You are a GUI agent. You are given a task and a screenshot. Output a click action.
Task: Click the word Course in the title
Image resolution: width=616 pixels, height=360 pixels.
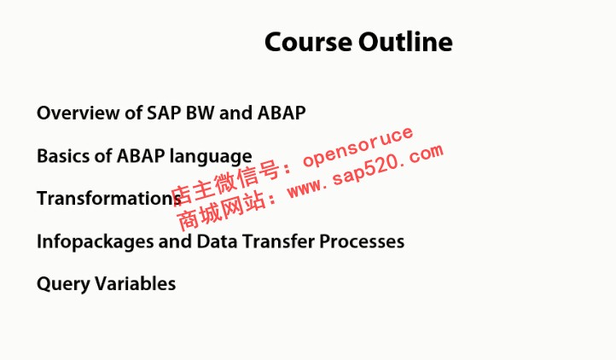coord(308,42)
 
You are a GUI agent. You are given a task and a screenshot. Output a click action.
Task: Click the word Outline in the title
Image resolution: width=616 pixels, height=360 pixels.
coord(405,41)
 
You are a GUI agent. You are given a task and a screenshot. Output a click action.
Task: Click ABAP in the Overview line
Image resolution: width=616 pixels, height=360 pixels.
coord(282,113)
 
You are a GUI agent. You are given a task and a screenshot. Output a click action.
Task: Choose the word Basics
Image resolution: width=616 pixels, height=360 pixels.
coord(63,156)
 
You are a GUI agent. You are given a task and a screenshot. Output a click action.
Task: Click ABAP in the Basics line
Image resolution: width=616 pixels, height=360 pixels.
coord(141,156)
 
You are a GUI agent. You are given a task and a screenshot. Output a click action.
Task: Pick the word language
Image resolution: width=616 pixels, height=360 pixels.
coord(211,157)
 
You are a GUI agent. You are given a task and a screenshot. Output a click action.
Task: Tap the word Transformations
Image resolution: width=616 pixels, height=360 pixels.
coord(109,199)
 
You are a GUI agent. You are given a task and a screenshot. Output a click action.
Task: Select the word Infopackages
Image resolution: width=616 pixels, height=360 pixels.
coord(95,242)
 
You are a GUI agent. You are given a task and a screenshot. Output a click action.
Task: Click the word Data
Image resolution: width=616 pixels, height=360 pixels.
coord(217,241)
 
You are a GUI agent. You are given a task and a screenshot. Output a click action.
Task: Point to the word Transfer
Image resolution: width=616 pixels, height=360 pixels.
coord(278,241)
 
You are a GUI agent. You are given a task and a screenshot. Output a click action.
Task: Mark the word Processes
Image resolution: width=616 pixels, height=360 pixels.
coord(362,241)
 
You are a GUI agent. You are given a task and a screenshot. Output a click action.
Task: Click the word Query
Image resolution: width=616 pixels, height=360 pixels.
coord(63,285)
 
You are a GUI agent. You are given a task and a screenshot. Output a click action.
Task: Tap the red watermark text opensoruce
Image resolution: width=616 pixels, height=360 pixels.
coord(357,147)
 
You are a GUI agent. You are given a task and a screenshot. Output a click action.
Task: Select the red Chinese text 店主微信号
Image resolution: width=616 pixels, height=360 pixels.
coord(226,183)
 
